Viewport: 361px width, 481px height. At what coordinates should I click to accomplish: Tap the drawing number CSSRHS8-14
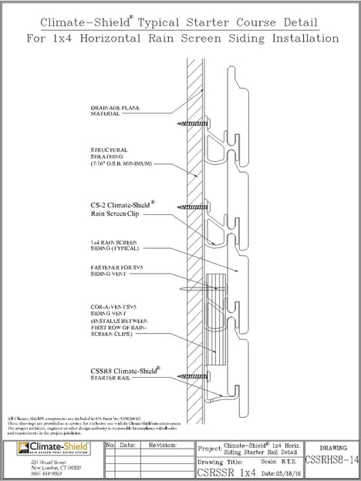pyautogui.click(x=332, y=461)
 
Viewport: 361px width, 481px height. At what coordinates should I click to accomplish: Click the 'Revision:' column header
pyautogui.click(x=163, y=445)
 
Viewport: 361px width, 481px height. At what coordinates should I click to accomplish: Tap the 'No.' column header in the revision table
pyautogui.click(x=110, y=445)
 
